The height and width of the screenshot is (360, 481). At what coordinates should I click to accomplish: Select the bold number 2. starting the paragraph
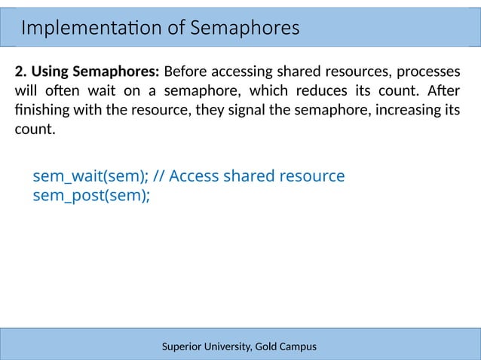tap(20, 73)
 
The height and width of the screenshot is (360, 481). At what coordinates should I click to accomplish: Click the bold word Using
tap(51, 73)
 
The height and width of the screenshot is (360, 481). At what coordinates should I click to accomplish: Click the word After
tap(443, 92)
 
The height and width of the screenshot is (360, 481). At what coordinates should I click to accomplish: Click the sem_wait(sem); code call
tap(90, 176)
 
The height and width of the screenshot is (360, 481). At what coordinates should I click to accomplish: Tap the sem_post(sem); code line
tap(91, 196)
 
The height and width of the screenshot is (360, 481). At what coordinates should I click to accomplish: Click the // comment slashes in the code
tap(158, 176)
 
